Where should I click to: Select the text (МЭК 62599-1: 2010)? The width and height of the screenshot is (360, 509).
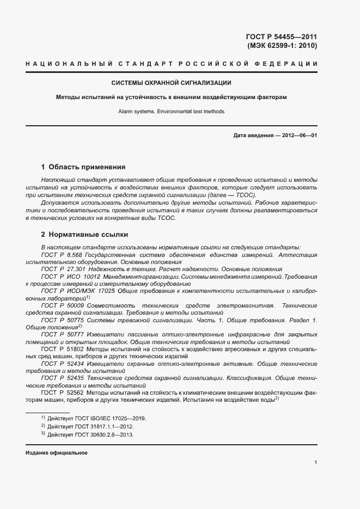pyautogui.click(x=282, y=46)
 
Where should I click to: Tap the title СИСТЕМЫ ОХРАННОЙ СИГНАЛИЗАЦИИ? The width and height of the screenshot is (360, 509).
pyautogui.click(x=172, y=83)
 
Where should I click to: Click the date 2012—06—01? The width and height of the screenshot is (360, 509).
pyautogui.click(x=299, y=135)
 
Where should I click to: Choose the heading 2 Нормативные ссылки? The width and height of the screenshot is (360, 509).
pyautogui.click(x=84, y=235)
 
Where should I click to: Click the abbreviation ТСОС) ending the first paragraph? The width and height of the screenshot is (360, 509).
pyautogui.click(x=245, y=195)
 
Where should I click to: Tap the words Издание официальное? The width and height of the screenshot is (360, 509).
pyautogui.click(x=56, y=453)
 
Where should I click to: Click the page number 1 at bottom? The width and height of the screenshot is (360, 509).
pyautogui.click(x=316, y=463)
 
